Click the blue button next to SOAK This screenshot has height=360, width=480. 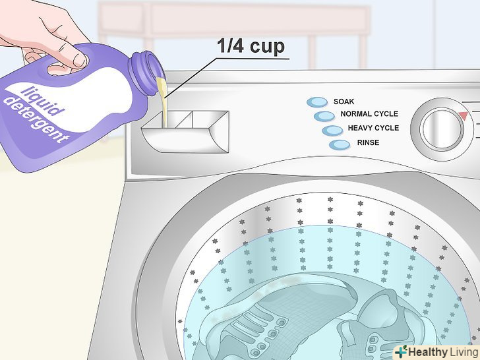coord(317,102)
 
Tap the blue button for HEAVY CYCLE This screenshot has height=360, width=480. coord(332,131)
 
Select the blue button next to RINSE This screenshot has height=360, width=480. coord(340,145)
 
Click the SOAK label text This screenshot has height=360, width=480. coord(344,102)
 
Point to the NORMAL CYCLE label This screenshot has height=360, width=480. coord(369,114)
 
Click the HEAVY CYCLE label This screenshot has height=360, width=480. coord(373,128)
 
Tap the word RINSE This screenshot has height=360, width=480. coord(368,142)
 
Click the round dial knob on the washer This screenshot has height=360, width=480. coord(442,129)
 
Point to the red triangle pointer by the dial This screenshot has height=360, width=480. coord(463,116)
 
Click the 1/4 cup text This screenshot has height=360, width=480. coord(251,46)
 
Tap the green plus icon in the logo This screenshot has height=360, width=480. coord(402,351)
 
